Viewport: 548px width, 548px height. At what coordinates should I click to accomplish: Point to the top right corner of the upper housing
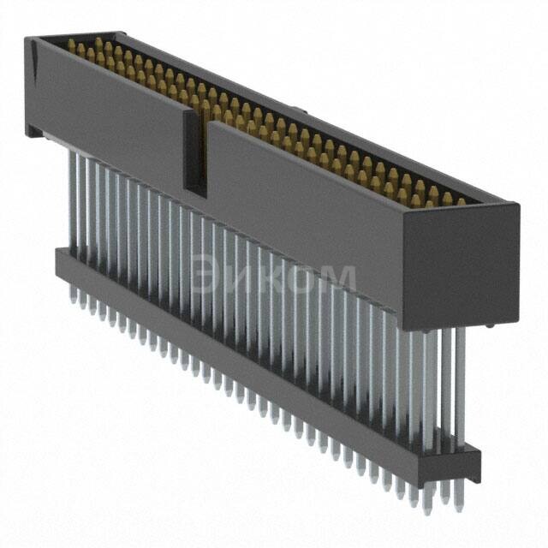click(x=516, y=205)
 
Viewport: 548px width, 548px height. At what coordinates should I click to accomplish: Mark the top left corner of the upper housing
click(x=27, y=39)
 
